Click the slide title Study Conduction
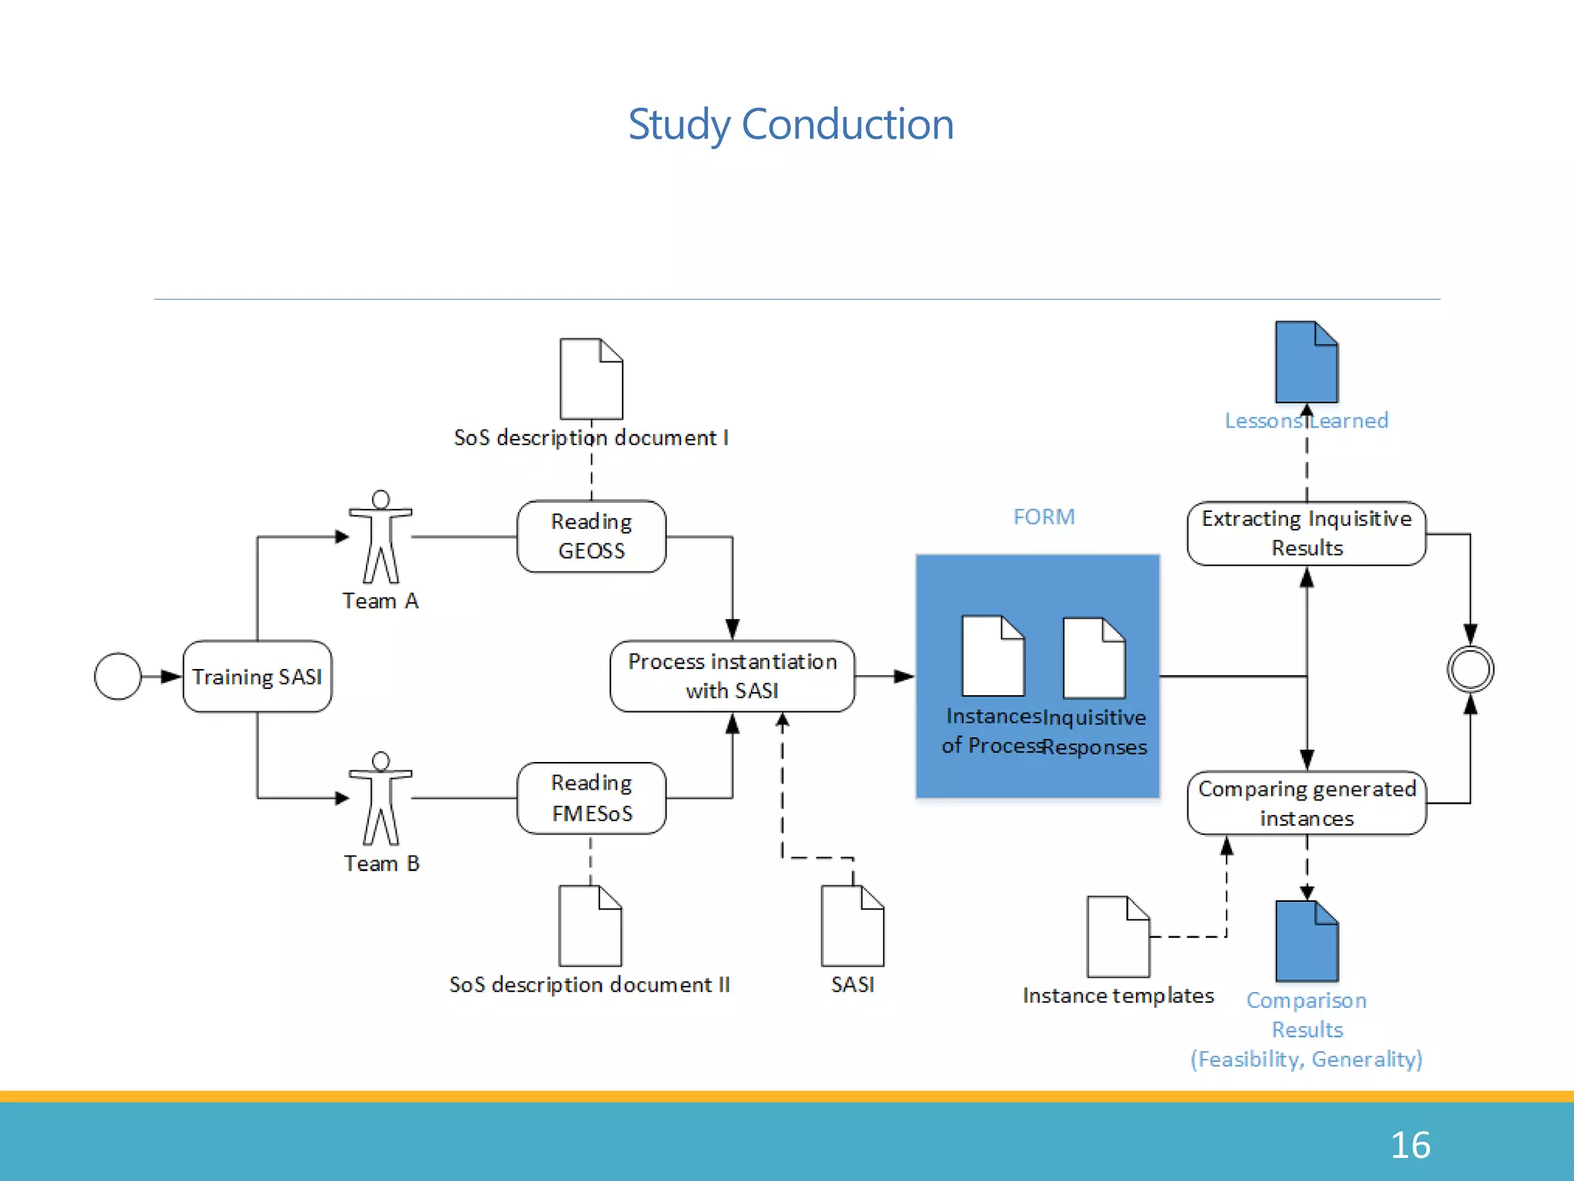coord(790,124)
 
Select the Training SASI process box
coord(257,677)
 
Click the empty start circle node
coord(118,677)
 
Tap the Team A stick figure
coord(380,537)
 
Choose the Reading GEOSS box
coord(591,537)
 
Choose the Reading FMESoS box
coord(591,798)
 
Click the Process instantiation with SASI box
coord(732,677)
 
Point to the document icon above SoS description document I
coord(591,378)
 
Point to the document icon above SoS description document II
coord(590,926)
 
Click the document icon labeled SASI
coord(852,926)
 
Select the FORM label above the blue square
coord(1043,517)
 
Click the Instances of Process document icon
coord(993,656)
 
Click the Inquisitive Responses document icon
coord(1094,658)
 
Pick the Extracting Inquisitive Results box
coord(1306,534)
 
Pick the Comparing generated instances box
coord(1306,803)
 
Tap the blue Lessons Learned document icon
coord(1306,362)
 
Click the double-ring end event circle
coord(1469,669)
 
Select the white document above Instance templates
coord(1117,936)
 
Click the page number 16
coord(1410,1145)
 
